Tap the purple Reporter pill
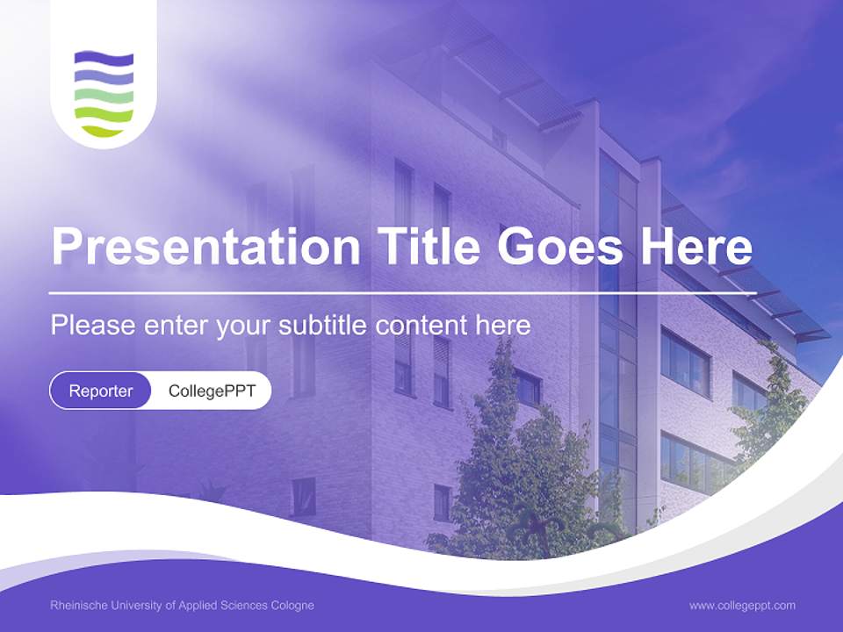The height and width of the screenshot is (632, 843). tap(101, 391)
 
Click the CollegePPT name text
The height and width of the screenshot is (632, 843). tap(212, 391)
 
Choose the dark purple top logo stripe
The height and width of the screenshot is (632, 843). tap(104, 59)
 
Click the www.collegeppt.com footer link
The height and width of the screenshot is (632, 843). tap(742, 606)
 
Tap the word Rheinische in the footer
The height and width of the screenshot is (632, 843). tap(76, 606)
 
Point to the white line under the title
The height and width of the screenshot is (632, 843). tap(351, 292)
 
